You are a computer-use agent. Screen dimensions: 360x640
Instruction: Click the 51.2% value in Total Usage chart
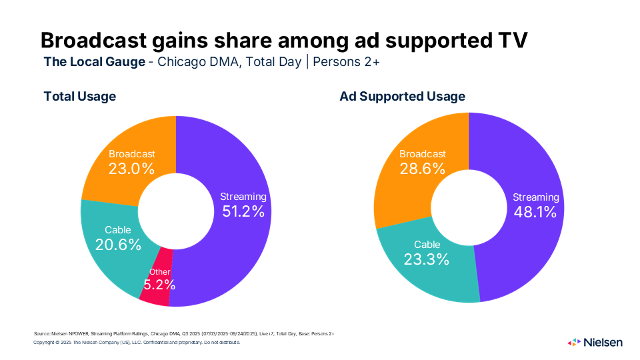243,211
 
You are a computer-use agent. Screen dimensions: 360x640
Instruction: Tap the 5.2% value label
159,285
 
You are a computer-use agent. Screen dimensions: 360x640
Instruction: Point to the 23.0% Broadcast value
131,169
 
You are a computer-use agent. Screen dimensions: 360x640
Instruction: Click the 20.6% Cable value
118,245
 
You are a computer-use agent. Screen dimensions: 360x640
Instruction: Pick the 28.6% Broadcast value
422,169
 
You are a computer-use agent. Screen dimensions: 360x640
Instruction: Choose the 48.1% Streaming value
535,212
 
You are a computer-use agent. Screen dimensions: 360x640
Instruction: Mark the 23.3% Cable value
426,259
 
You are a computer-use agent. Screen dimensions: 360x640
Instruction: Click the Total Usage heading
80,96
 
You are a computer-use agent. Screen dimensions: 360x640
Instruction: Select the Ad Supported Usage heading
403,96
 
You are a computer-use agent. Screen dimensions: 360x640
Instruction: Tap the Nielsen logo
595,342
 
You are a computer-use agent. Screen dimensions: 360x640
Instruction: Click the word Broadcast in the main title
97,40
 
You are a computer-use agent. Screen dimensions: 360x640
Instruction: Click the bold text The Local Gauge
95,63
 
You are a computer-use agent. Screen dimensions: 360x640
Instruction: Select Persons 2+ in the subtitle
346,63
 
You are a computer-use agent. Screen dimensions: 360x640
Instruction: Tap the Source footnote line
183,333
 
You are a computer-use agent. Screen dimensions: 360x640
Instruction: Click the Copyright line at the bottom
136,342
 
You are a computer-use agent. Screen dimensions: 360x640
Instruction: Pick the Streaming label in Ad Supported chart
535,197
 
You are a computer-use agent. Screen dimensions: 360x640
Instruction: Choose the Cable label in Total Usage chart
118,231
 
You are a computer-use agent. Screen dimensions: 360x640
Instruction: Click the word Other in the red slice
160,271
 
